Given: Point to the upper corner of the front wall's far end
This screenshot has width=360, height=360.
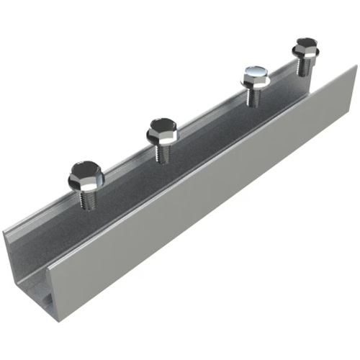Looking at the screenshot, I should (x=356, y=66).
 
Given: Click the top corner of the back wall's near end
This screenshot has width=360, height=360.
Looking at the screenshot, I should (x=4, y=232).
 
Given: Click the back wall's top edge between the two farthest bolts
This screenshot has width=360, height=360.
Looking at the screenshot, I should (x=281, y=72).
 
